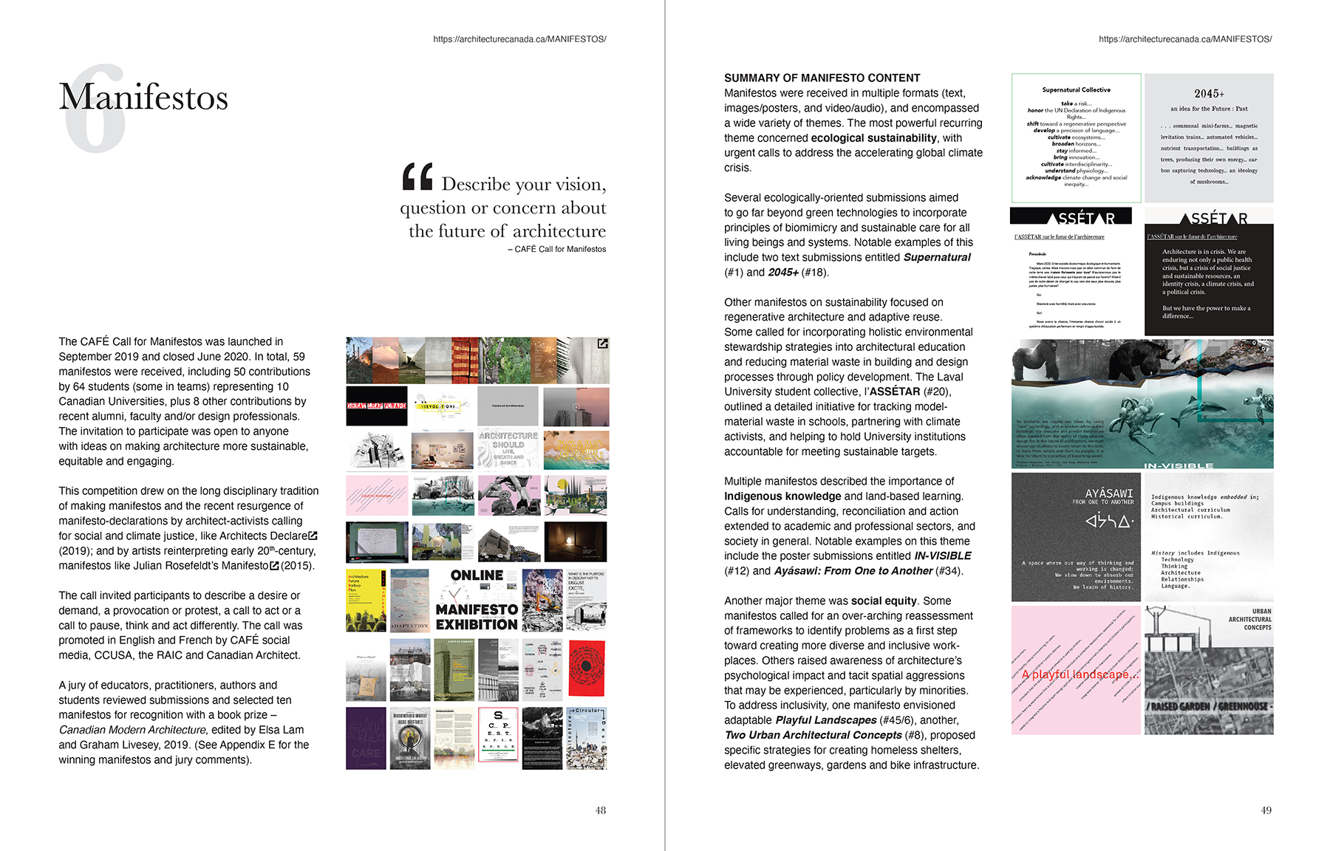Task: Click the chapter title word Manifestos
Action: coord(143,98)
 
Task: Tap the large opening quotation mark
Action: coord(417,177)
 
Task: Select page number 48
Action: coord(601,810)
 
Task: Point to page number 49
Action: coord(1266,810)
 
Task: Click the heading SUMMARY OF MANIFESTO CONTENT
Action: coord(822,78)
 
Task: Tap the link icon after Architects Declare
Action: coord(313,536)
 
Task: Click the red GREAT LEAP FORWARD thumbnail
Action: coord(376,406)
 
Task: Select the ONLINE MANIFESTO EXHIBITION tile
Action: coord(477,600)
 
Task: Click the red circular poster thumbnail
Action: coord(587,669)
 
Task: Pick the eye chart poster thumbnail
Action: coord(498,738)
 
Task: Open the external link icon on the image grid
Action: coord(602,344)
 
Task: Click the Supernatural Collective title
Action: coord(1076,90)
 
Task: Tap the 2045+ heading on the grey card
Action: coord(1209,94)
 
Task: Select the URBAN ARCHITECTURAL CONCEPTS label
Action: coord(1251,619)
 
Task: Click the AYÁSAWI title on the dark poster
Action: coord(1108,493)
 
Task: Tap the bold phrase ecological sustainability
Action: coord(873,138)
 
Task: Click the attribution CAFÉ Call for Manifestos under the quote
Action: coord(559,249)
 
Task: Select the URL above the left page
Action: coord(519,39)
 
